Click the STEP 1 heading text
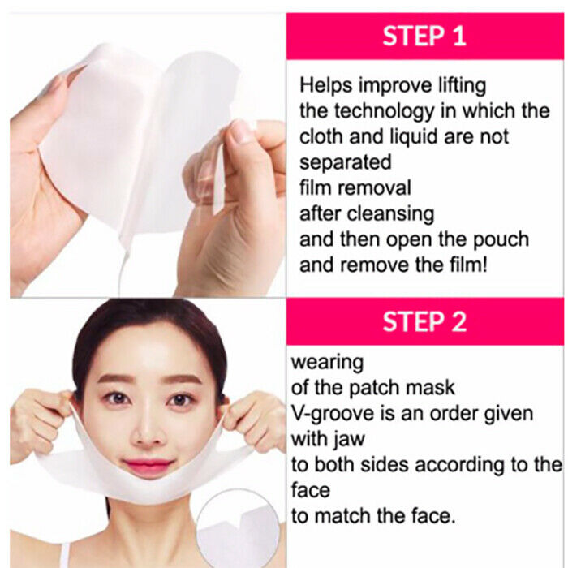[424, 37]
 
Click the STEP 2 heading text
[424, 321]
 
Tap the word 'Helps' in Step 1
[325, 86]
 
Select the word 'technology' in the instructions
[384, 112]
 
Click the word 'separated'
[345, 162]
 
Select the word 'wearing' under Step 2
[328, 363]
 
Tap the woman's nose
[147, 431]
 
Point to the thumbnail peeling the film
[242, 131]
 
